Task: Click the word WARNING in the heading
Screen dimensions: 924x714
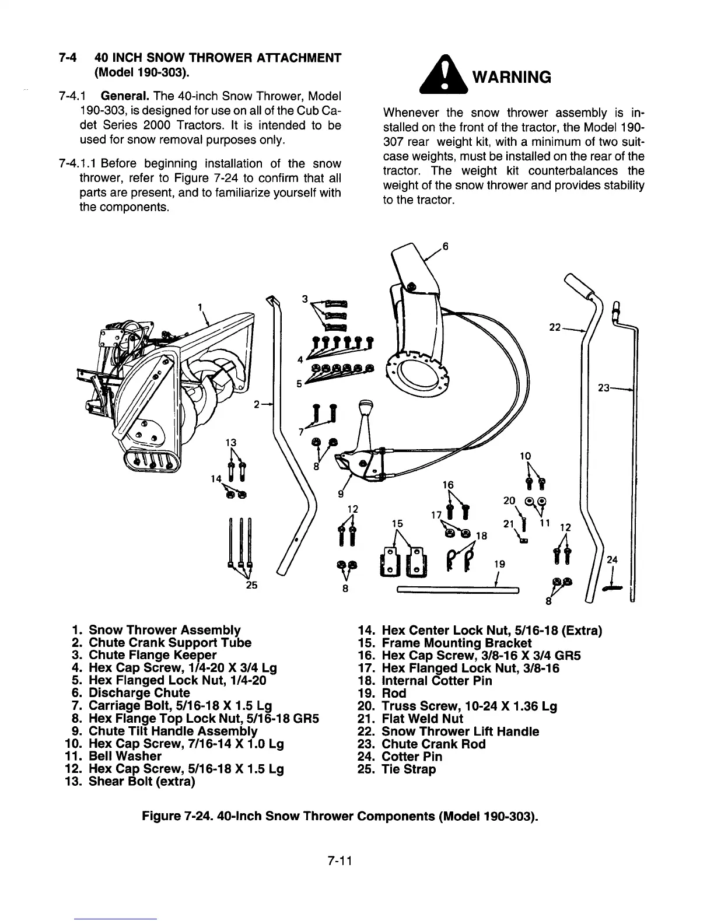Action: pyautogui.click(x=511, y=77)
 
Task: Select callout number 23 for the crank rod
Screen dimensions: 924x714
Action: pyautogui.click(x=604, y=387)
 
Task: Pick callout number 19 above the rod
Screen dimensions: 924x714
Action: pyautogui.click(x=499, y=564)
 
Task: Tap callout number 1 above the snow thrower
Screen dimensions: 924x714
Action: pyautogui.click(x=200, y=307)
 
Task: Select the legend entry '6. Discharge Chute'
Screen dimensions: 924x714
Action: pyautogui.click(x=130, y=693)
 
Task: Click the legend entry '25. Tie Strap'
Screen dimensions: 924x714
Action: pyautogui.click(x=398, y=769)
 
